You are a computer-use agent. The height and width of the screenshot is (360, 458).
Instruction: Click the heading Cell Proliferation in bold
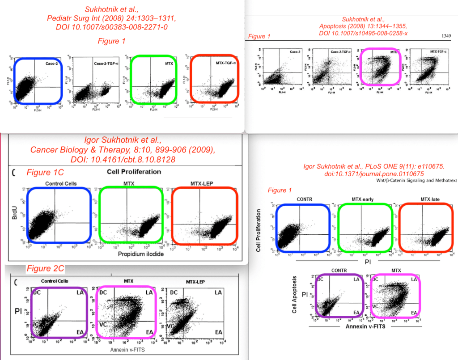point(134,172)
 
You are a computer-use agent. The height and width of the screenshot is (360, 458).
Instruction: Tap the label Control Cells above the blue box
point(61,183)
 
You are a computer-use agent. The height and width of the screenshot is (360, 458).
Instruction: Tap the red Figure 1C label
point(45,172)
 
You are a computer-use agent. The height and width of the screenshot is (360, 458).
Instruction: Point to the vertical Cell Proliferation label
point(259,230)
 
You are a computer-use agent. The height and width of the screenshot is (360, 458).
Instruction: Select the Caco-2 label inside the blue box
point(51,64)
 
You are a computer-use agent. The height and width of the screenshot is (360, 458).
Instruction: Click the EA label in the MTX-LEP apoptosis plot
point(218,332)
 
